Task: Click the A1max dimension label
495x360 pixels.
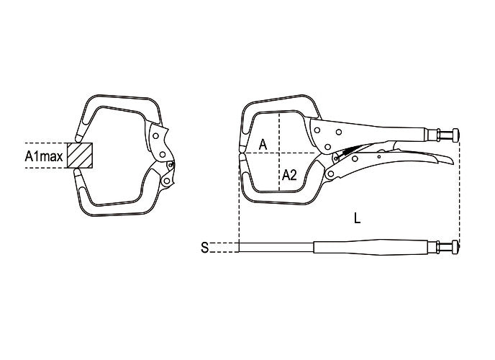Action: [44, 156]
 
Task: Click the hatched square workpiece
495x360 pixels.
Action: [80, 156]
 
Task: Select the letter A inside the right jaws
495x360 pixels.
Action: [263, 145]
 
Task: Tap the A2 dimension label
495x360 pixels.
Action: [289, 175]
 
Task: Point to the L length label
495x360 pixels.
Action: [357, 218]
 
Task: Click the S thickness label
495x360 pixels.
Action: [205, 247]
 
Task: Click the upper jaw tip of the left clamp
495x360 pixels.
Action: [79, 138]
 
